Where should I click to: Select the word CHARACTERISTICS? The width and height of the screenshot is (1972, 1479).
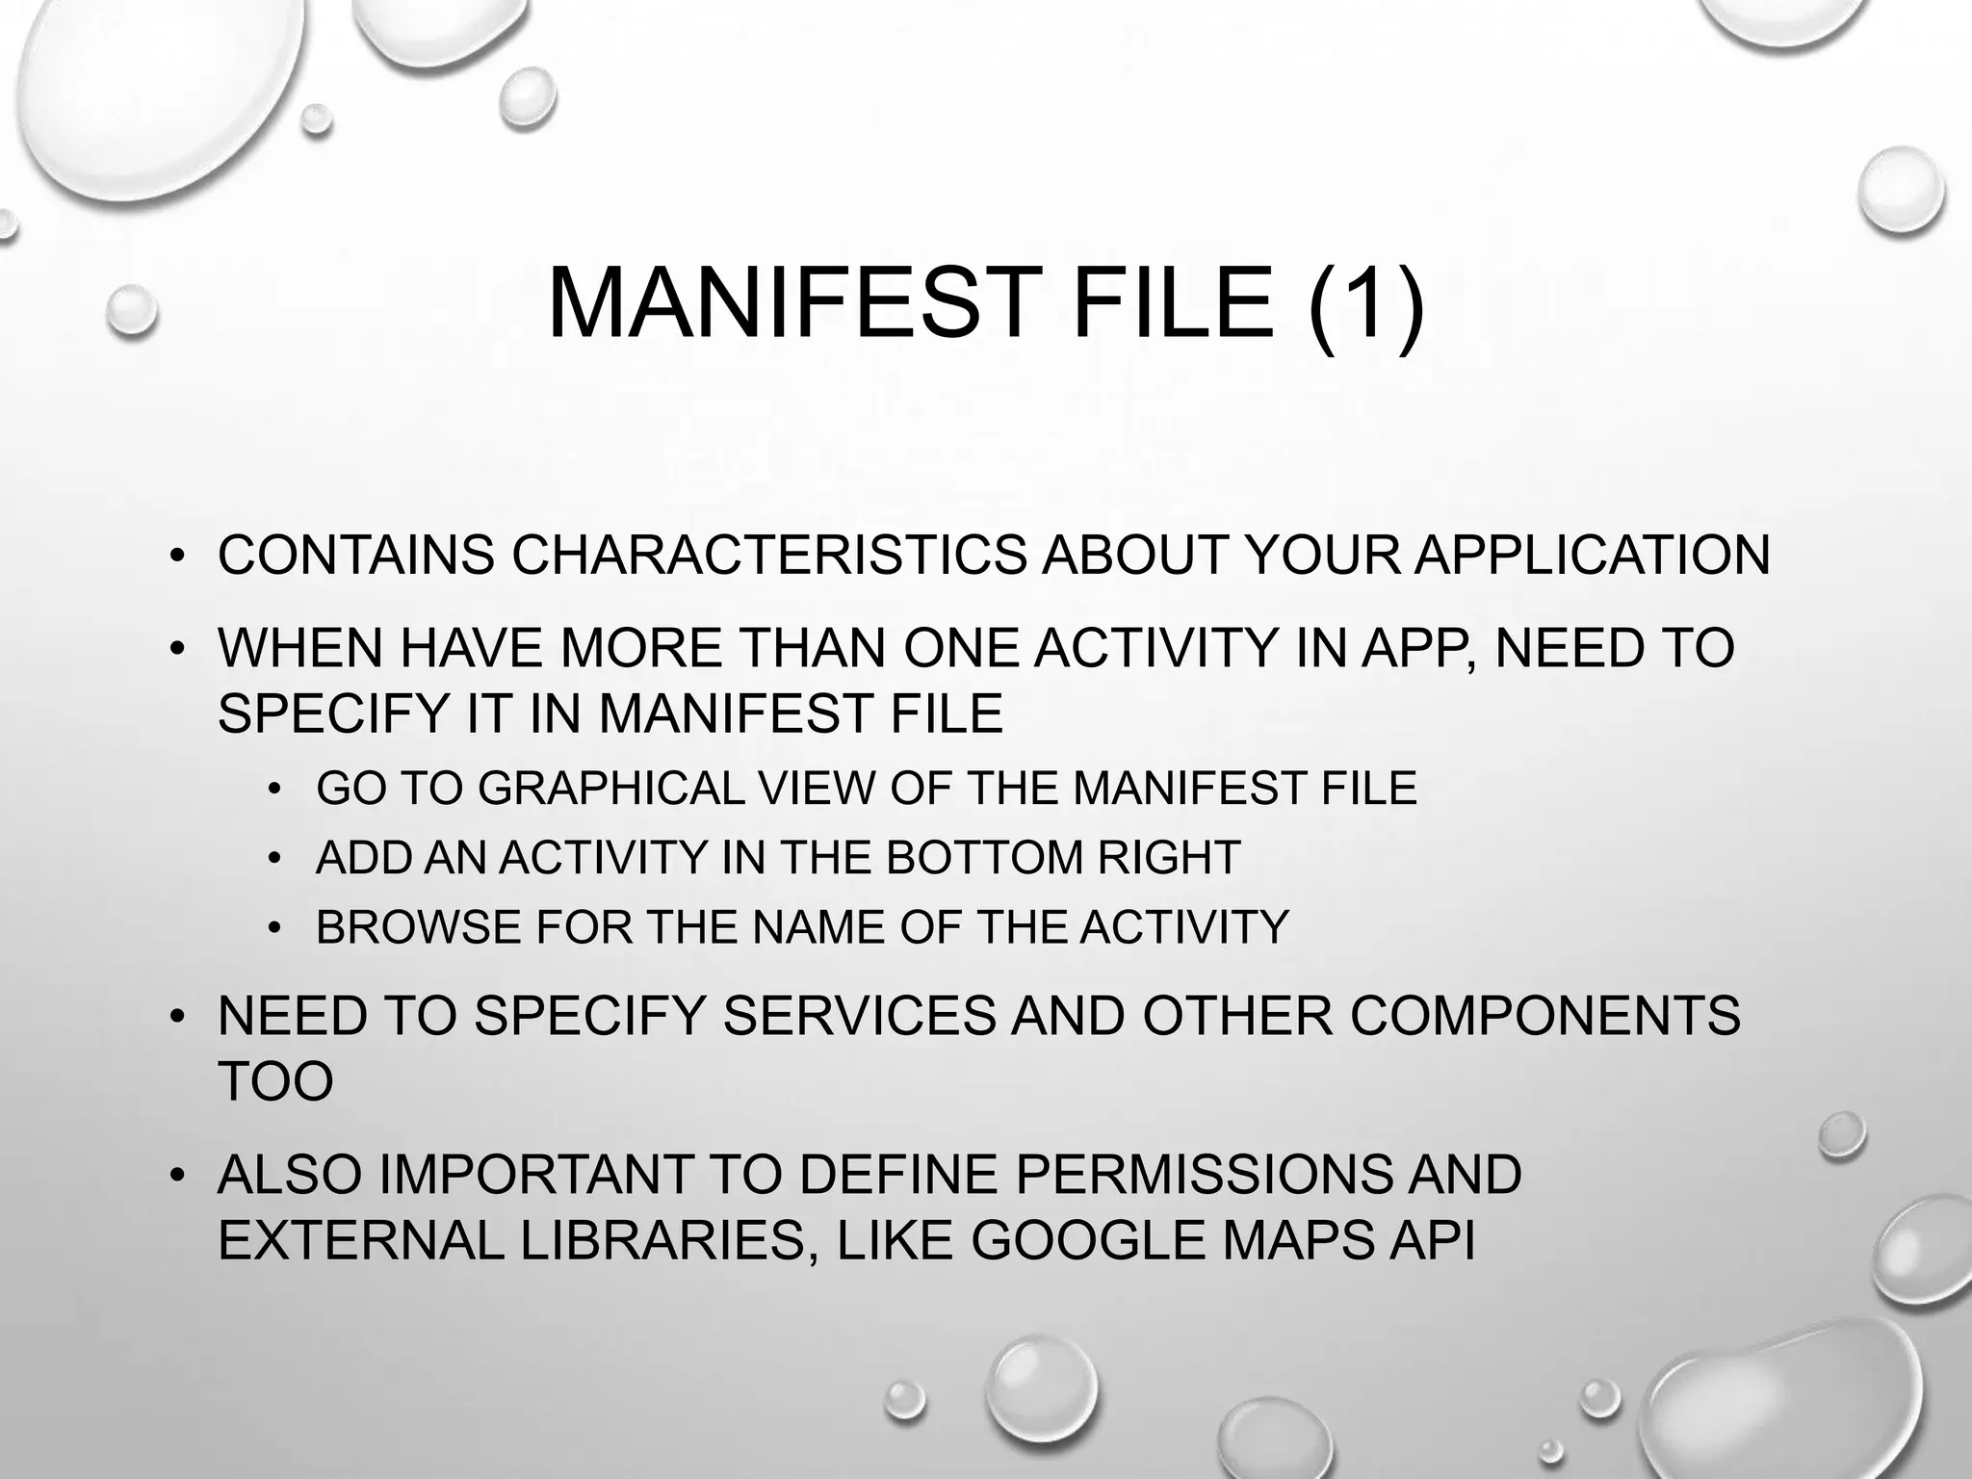pyautogui.click(x=768, y=556)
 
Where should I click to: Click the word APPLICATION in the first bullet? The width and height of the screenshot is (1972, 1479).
pyautogui.click(x=1592, y=556)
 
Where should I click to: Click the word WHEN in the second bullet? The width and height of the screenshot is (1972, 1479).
pyautogui.click(x=299, y=648)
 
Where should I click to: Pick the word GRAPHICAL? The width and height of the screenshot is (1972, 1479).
pyautogui.click(x=610, y=789)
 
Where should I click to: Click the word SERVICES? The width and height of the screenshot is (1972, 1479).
pyautogui.click(x=859, y=1016)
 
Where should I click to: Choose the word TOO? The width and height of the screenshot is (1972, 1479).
pyautogui.click(x=275, y=1081)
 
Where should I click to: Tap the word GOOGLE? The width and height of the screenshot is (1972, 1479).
pyautogui.click(x=1088, y=1240)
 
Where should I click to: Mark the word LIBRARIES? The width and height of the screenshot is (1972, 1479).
pyautogui.click(x=662, y=1240)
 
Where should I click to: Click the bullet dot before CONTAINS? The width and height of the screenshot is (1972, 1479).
pyautogui.click(x=176, y=557)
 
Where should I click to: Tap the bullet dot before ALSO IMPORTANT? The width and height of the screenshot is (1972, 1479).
pyautogui.click(x=176, y=1176)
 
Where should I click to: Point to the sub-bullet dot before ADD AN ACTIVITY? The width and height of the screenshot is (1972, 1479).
pyautogui.click(x=275, y=859)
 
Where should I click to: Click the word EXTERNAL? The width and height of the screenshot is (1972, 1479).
pyautogui.click(x=361, y=1240)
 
